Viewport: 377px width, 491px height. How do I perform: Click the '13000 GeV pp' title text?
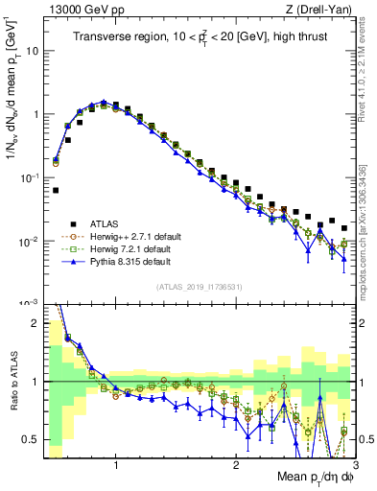tap(76, 10)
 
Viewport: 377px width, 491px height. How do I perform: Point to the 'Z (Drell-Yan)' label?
tap(321, 10)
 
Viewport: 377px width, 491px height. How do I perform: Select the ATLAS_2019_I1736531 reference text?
tap(199, 287)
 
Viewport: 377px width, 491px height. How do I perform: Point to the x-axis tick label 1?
tap(116, 464)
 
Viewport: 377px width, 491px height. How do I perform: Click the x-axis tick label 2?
tap(236, 464)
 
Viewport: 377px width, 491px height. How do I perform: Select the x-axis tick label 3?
tap(354, 464)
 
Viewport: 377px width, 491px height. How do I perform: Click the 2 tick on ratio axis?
tap(36, 323)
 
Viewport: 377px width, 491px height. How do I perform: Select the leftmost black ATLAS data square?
tap(56, 190)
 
